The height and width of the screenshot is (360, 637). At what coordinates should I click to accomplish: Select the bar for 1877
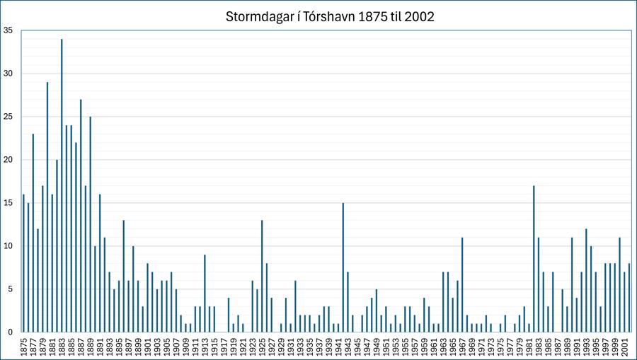(33, 233)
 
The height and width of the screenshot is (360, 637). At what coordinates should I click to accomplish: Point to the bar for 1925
(262, 276)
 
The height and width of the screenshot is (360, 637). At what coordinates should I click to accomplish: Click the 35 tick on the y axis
(8, 30)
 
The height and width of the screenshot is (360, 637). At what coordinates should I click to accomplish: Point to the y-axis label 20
(8, 160)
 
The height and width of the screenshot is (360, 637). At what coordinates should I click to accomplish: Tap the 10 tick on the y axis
(8, 246)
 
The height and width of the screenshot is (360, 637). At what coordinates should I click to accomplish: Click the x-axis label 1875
(23, 347)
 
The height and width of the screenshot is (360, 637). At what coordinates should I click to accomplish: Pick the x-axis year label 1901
(147, 347)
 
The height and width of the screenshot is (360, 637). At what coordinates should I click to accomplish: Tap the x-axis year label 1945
(357, 347)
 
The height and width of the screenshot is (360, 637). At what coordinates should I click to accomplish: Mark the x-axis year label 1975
(500, 347)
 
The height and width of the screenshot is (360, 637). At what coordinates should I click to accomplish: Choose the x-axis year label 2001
(624, 347)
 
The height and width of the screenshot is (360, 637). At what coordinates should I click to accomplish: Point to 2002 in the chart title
(419, 16)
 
